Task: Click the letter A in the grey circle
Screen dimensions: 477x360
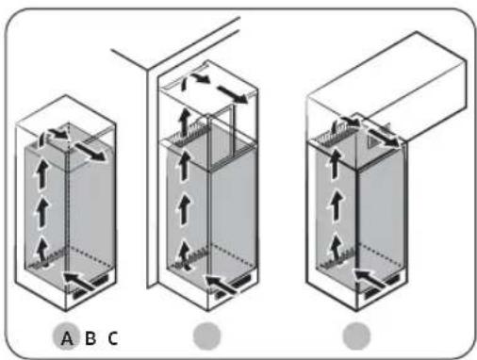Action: pos(67,338)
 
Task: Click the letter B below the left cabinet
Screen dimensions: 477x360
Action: pos(90,338)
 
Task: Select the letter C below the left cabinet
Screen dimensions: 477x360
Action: pos(113,338)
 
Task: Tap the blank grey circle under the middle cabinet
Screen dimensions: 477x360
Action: pos(206,335)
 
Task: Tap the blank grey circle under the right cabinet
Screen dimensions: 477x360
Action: pos(356,335)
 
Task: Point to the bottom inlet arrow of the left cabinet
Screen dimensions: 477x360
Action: pos(79,281)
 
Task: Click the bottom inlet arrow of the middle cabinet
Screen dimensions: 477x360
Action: pos(221,284)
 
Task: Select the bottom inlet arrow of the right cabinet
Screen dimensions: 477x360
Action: pos(369,278)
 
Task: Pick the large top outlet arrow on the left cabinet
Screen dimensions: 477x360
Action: pos(90,151)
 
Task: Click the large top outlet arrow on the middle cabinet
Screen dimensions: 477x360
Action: pos(232,93)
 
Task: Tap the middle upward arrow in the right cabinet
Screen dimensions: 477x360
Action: pos(337,205)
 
